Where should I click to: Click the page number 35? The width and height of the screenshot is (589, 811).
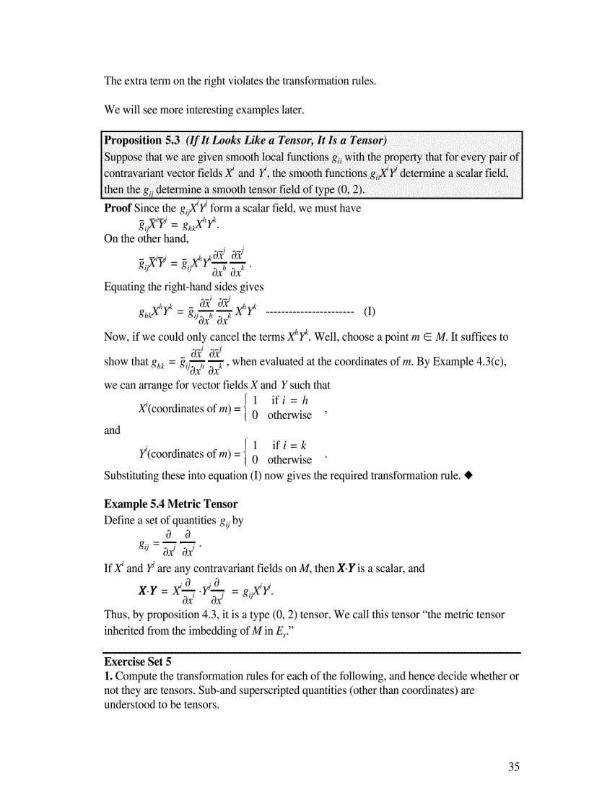(512, 767)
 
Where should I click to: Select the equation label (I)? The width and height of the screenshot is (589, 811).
(369, 312)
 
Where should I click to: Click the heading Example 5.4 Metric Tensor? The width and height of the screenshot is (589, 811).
(170, 503)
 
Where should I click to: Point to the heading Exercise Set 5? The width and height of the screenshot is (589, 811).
(138, 661)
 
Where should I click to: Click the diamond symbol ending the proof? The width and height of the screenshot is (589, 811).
(468, 475)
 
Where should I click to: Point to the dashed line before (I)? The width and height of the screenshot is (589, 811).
(309, 312)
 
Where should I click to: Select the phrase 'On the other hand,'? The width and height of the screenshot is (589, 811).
(147, 238)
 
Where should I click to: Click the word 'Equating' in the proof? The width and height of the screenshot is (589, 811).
(126, 287)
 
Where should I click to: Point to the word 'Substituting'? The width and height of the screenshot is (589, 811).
(134, 475)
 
